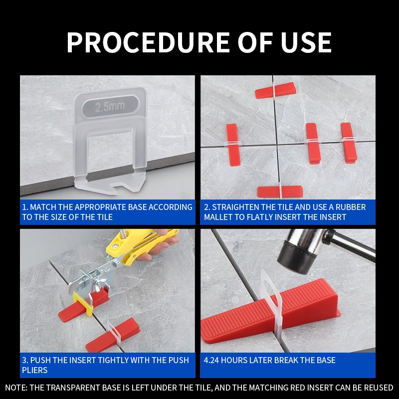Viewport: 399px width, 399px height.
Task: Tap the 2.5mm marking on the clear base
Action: [x=110, y=107]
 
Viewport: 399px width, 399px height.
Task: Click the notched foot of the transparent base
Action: [x=110, y=185]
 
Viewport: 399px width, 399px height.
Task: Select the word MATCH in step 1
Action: [x=43, y=207]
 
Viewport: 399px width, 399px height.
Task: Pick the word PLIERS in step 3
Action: [x=34, y=370]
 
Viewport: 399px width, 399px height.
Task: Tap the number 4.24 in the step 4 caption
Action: [x=211, y=360]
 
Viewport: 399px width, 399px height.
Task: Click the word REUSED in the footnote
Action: [x=379, y=388]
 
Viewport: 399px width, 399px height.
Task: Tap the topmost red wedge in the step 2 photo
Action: [x=275, y=90]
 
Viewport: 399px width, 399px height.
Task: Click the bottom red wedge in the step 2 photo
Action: [x=280, y=192]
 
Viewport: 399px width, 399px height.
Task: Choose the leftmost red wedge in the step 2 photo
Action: [x=233, y=145]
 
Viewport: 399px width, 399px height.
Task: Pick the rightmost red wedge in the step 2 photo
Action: [x=349, y=143]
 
